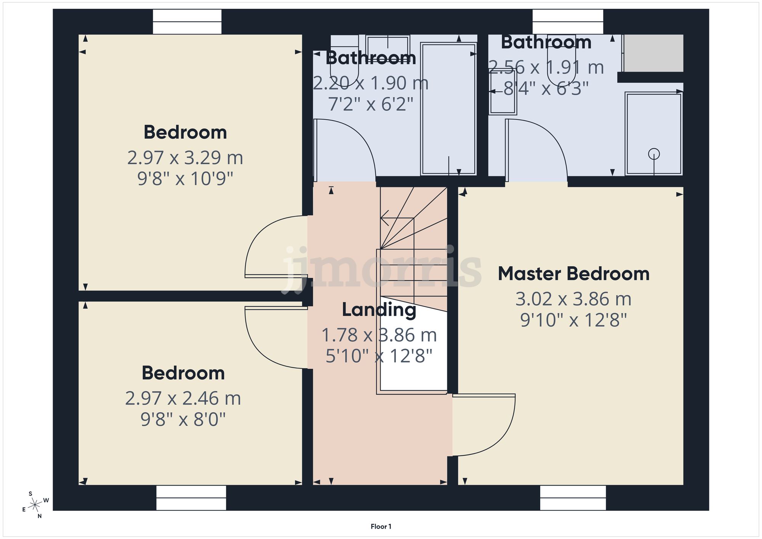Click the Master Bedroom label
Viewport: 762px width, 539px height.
573,274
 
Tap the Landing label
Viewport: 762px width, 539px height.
379,309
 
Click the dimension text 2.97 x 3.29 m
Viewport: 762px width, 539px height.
185,158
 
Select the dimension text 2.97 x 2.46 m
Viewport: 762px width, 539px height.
183,398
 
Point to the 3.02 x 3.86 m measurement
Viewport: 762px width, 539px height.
573,299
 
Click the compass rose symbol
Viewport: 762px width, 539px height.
35,505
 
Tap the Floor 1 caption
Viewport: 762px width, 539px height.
381,526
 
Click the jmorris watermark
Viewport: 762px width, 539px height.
381,269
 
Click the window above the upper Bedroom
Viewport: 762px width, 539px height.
187,22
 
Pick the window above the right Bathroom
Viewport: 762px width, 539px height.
568,22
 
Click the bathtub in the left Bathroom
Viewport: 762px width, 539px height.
448,109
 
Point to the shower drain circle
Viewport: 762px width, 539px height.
654,154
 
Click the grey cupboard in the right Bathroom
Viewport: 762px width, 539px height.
653,53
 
